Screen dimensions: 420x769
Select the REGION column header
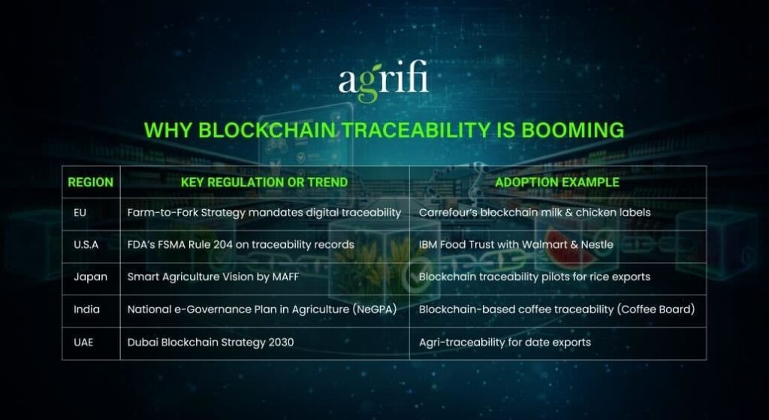[91, 182]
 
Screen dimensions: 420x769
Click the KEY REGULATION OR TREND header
[264, 182]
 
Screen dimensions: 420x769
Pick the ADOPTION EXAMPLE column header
[557, 182]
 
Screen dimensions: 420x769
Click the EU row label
[80, 213]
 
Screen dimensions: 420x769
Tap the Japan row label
[90, 276]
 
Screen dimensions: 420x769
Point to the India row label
[86, 309]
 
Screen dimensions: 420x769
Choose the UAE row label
[84, 342]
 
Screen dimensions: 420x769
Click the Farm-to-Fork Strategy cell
[264, 213]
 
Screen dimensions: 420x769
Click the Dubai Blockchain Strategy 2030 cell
[210, 342]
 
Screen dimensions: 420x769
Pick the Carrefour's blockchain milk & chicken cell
[535, 213]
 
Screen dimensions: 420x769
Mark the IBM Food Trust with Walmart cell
[516, 244]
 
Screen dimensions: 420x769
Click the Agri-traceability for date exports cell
[505, 342]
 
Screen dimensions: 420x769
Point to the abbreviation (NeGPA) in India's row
[372, 309]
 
